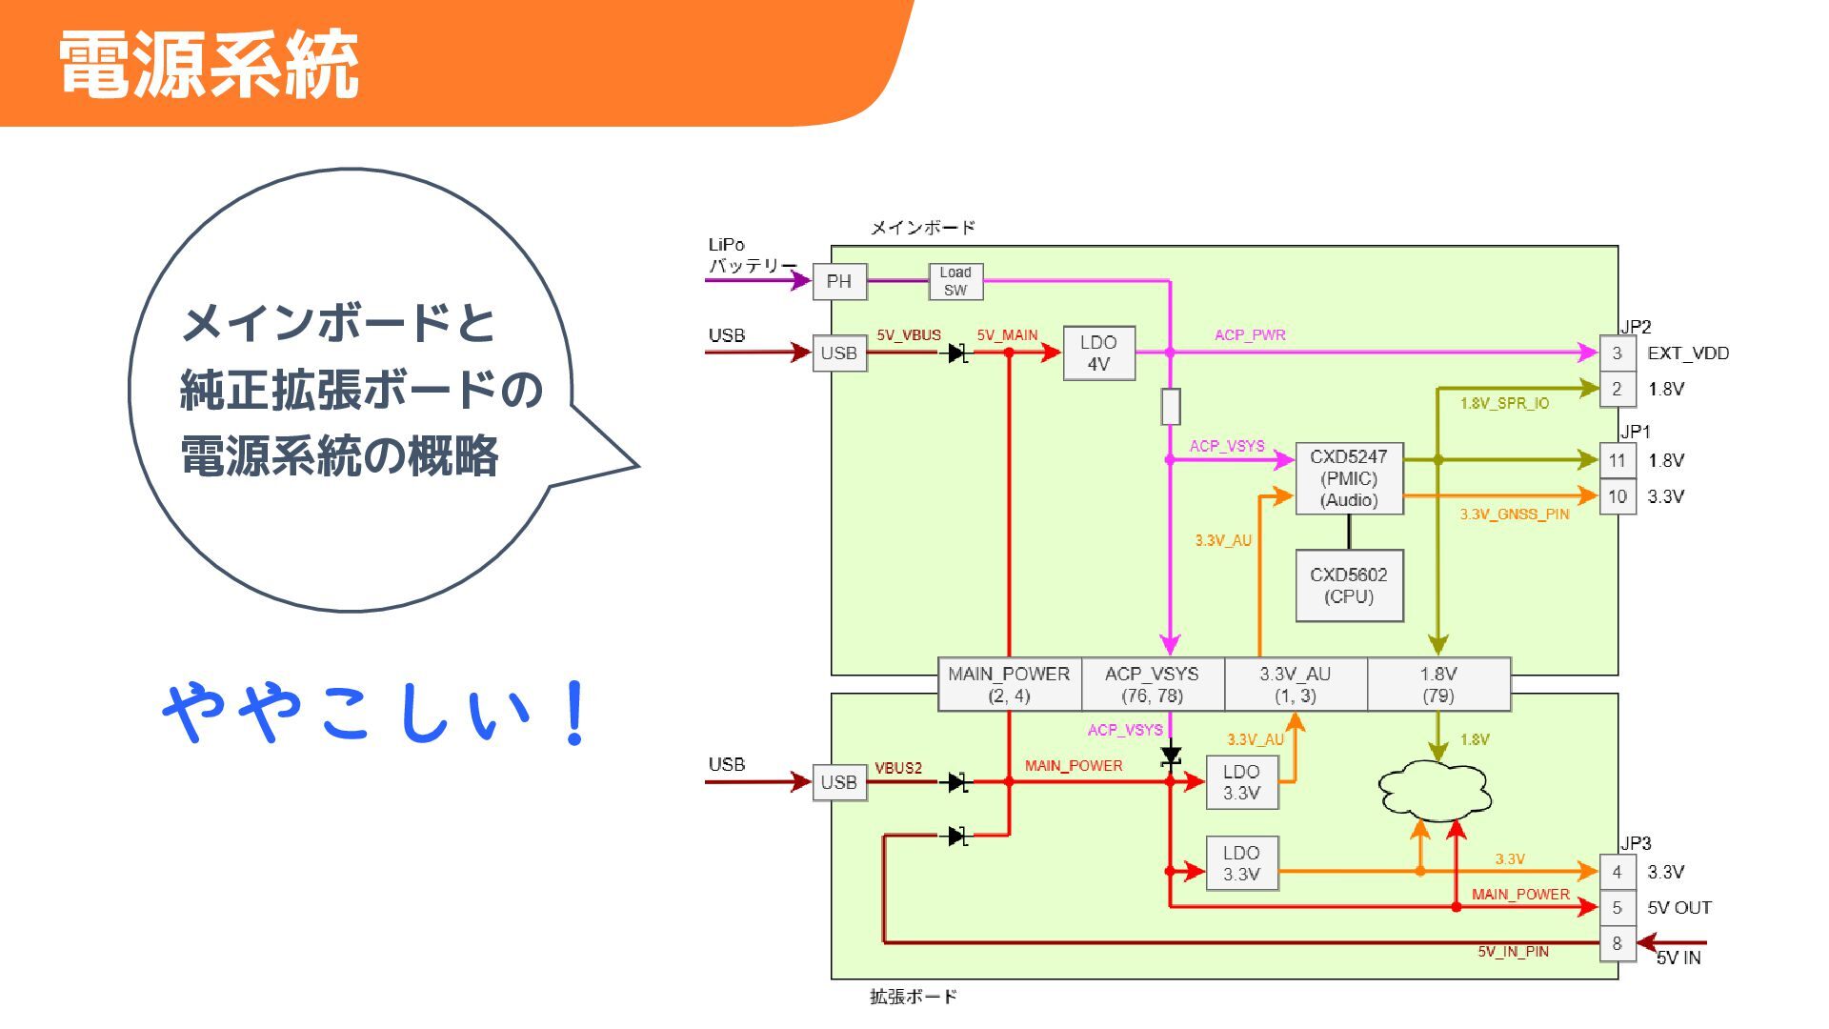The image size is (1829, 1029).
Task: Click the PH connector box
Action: pos(839,282)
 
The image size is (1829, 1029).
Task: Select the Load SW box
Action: pos(955,281)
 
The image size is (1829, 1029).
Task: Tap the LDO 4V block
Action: pos(1098,353)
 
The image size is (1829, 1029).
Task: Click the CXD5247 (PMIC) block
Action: pos(1349,478)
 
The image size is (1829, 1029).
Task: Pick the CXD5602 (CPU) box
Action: pos(1349,586)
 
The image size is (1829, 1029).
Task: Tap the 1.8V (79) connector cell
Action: pos(1438,684)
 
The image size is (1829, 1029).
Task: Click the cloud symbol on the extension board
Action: pos(1435,791)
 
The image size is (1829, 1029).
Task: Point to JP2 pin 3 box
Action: pos(1617,353)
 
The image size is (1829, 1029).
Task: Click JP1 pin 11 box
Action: pos(1617,461)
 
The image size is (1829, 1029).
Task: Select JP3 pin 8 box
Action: pos(1617,943)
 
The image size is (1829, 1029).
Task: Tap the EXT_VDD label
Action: pos(1688,353)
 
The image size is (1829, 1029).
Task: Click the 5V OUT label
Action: pos(1679,908)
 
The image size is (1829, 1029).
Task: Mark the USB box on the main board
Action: pos(839,353)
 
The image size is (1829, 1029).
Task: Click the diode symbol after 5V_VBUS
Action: pos(958,353)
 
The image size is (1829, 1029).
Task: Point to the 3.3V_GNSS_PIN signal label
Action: pos(1515,514)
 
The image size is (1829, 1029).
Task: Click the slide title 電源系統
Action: pos(209,65)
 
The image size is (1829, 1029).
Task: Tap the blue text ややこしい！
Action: pos(376,713)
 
